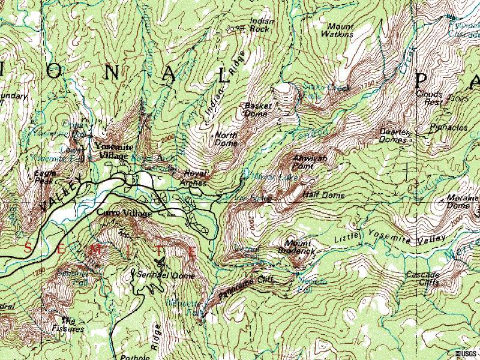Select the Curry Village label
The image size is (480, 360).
[123, 212]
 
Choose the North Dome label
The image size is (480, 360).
[226, 139]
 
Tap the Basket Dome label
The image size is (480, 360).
[258, 109]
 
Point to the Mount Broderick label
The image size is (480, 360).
[299, 247]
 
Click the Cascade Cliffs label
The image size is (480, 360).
[423, 278]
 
